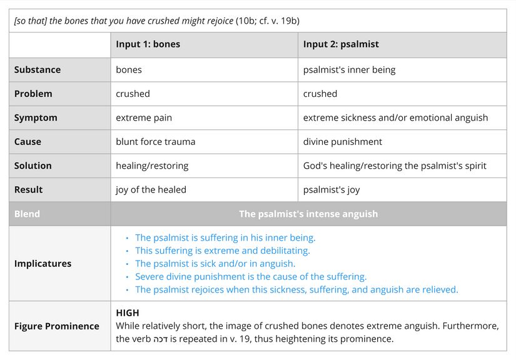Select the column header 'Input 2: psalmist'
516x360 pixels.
click(341, 44)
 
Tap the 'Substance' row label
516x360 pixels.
click(38, 69)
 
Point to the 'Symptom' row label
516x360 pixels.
click(36, 117)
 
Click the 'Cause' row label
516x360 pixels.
click(28, 141)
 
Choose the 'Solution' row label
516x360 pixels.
click(33, 166)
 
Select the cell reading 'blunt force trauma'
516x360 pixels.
click(155, 141)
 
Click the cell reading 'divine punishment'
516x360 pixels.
click(342, 141)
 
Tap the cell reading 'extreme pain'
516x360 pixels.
click(144, 117)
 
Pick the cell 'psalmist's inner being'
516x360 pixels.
click(349, 69)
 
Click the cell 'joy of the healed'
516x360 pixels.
click(151, 189)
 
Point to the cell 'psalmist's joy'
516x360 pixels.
click(331, 189)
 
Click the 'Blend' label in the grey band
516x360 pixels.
click(27, 214)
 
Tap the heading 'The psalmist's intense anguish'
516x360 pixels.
click(308, 214)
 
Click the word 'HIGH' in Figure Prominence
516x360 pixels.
click(128, 312)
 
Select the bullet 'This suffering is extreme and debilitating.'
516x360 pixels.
click(222, 251)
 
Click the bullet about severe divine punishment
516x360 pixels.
click(251, 276)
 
